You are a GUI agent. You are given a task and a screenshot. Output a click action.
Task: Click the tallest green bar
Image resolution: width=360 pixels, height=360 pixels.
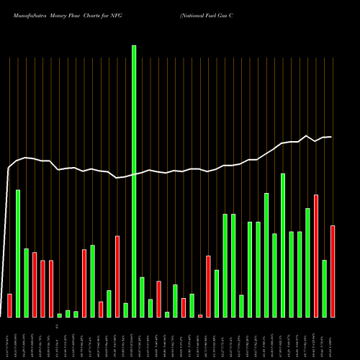pos(134,181)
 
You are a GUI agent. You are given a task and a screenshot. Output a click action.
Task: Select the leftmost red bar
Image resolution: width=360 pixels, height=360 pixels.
pos(9,305)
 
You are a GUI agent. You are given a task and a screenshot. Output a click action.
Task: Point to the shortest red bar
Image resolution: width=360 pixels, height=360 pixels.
pos(200,315)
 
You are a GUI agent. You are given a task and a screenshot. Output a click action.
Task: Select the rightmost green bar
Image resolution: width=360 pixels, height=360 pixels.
pos(324,288)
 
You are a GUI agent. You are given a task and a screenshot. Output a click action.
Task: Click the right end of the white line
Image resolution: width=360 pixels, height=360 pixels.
pos(331,137)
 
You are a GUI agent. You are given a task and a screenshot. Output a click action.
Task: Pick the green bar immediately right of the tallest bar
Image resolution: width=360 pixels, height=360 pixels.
pos(142,297)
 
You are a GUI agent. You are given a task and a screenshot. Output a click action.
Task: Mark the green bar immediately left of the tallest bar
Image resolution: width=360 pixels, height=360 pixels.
pos(125,310)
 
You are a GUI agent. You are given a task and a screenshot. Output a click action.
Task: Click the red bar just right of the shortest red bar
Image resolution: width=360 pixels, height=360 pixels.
pos(208,286)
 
